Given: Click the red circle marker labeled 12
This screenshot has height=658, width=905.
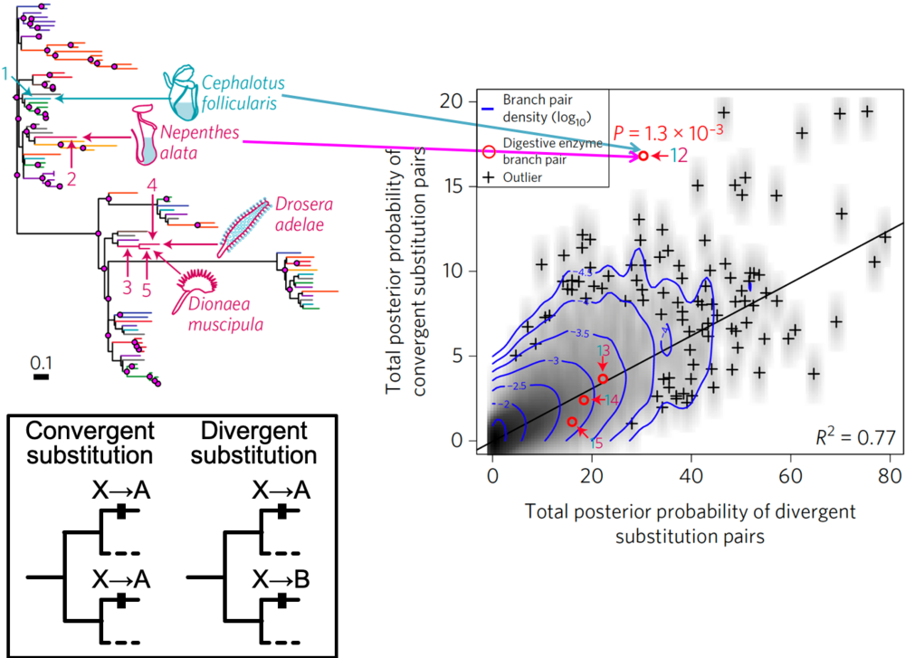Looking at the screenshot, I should point(643,157).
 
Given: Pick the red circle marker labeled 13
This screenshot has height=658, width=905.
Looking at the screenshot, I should point(603,377).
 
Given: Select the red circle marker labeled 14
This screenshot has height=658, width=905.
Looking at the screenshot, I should point(584,399).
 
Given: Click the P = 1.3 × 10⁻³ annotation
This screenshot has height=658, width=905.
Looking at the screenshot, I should point(669,131).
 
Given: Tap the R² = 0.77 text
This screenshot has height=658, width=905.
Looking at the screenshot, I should point(855,437).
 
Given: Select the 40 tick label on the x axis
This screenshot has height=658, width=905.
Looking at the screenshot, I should point(691,473).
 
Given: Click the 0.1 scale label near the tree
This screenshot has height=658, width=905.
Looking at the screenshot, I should point(42,364).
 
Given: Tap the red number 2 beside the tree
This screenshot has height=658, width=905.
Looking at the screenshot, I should point(71,178).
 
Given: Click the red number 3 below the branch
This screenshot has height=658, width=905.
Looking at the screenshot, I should point(128,288).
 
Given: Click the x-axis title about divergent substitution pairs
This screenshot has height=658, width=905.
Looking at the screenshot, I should point(690,523).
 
